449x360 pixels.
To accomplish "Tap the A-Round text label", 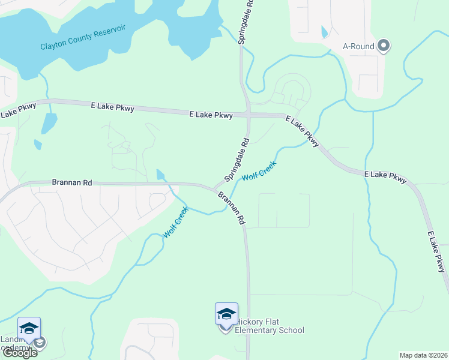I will [x=358, y=46].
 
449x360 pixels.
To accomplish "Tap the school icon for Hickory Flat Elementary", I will [x=226, y=314].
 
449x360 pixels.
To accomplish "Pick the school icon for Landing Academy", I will [x=29, y=328].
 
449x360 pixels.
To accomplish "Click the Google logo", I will [x=19, y=352].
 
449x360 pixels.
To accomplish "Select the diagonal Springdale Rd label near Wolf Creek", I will [x=237, y=160].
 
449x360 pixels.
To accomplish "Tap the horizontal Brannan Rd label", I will [x=71, y=182].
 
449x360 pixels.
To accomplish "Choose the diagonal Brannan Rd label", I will [x=232, y=208].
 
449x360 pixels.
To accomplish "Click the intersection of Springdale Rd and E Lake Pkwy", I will [x=248, y=115].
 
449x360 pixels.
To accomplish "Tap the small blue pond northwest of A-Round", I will [x=325, y=31].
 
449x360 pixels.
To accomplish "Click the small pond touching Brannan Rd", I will [x=160, y=175].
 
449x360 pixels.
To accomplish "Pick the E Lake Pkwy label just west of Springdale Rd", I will [x=211, y=115].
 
